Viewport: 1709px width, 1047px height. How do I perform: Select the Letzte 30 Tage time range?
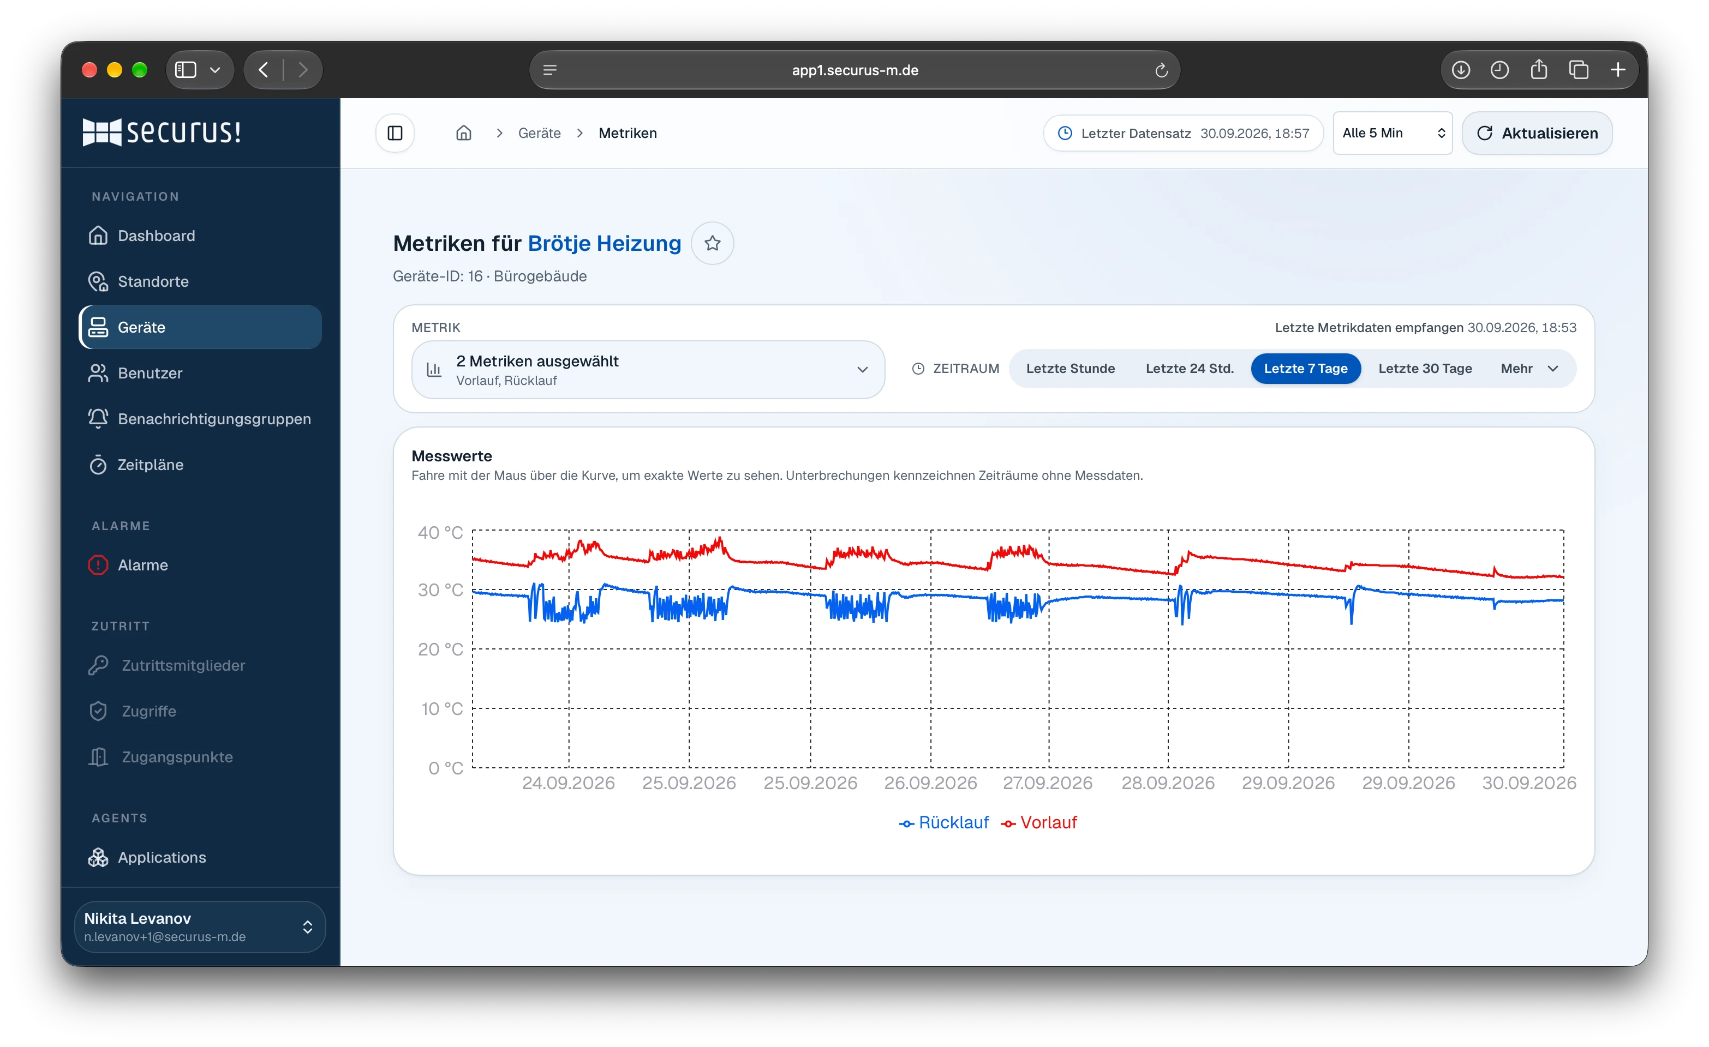(x=1425, y=368)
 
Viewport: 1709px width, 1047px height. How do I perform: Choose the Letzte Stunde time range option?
(x=1070, y=368)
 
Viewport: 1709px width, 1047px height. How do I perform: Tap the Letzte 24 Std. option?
(x=1189, y=368)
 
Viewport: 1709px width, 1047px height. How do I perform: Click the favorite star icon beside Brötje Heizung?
(x=712, y=243)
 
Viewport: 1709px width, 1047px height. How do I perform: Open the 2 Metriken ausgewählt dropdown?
(x=648, y=370)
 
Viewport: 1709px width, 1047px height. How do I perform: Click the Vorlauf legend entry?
(x=1038, y=822)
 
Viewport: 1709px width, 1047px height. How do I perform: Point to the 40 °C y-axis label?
(x=440, y=533)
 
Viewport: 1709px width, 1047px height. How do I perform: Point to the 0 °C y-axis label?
(x=445, y=768)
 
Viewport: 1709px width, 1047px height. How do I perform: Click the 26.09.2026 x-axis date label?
(x=930, y=783)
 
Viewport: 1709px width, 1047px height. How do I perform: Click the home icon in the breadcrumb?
(x=463, y=133)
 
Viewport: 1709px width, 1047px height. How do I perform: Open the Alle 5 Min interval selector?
(x=1392, y=133)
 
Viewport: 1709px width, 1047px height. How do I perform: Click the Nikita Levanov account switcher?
(x=200, y=926)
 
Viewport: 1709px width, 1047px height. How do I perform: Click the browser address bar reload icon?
(x=1161, y=70)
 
